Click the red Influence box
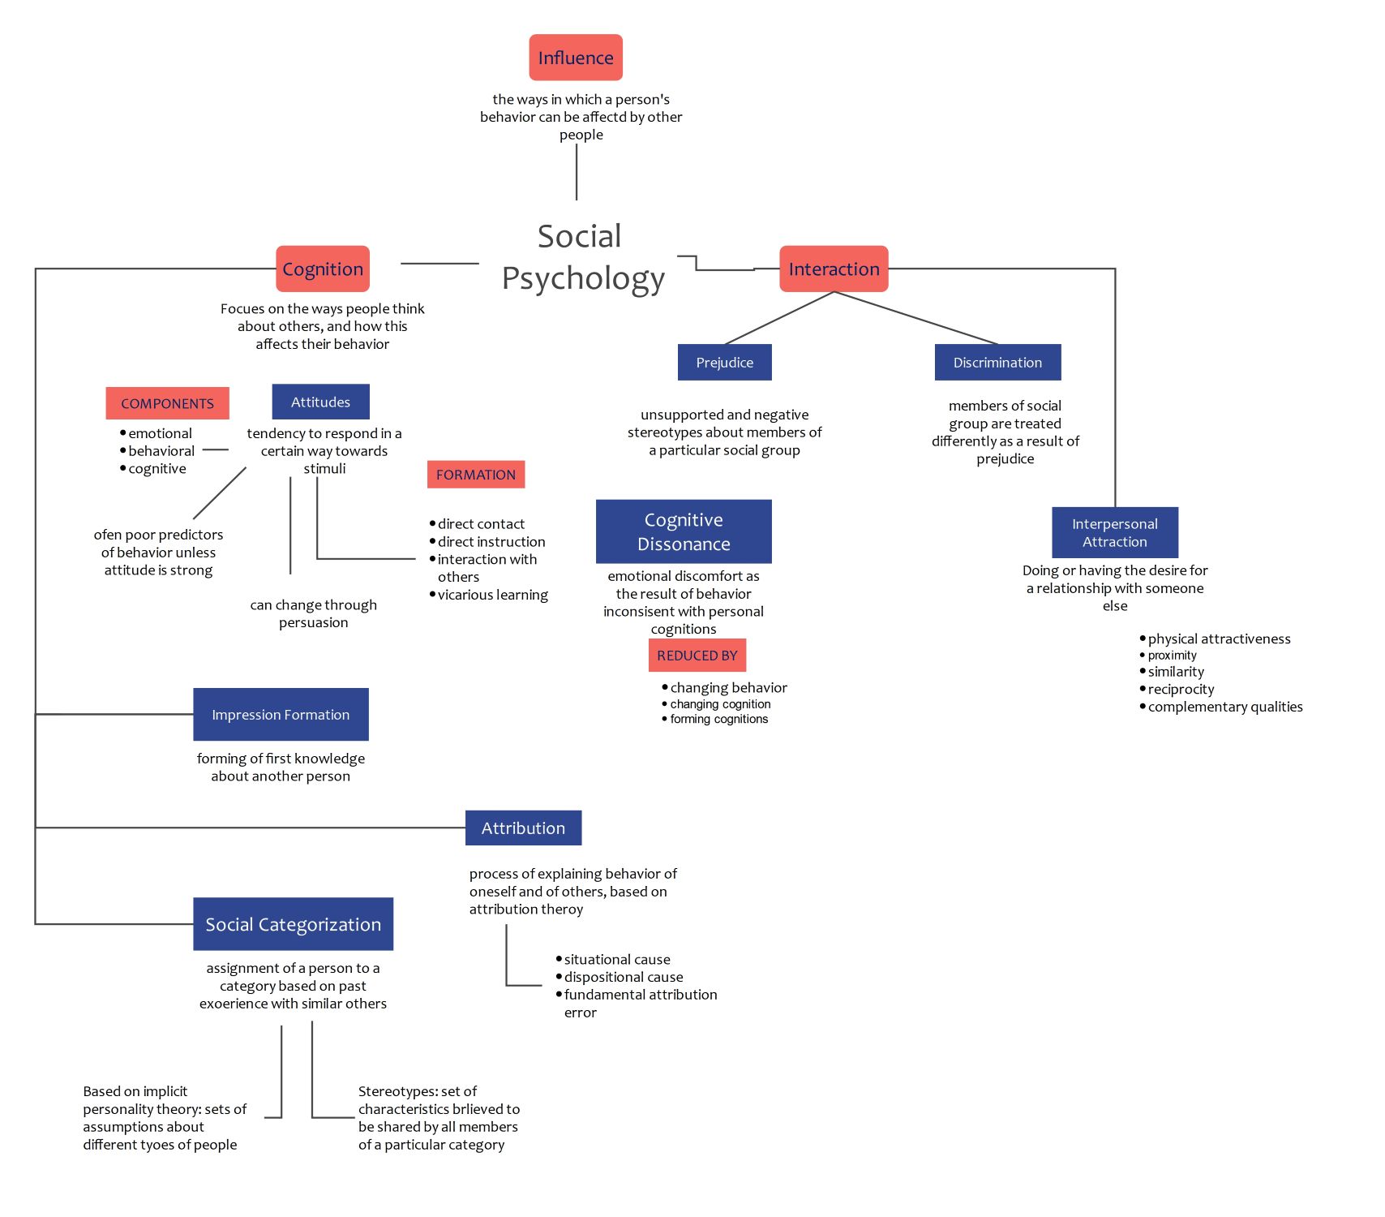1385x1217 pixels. pyautogui.click(x=576, y=58)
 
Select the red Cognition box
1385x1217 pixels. pyautogui.click(x=323, y=269)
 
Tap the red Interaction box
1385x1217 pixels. pyautogui.click(x=834, y=269)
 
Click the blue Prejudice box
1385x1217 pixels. pyautogui.click(x=724, y=363)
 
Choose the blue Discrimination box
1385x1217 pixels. pyautogui.click(x=997, y=363)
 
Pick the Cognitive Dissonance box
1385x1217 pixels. pyautogui.click(x=684, y=531)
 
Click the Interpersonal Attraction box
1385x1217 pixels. pyautogui.click(x=1114, y=533)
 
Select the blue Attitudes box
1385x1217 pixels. pyautogui.click(x=320, y=402)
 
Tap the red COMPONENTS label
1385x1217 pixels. pyautogui.click(x=167, y=403)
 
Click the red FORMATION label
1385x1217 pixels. pyautogui.click(x=476, y=475)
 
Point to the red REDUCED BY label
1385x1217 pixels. pyautogui.click(x=697, y=656)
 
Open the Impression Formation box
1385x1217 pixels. pyautogui.click(x=281, y=715)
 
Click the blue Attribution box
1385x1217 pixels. pyautogui.click(x=523, y=828)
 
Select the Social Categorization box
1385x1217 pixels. pyautogui.click(x=293, y=924)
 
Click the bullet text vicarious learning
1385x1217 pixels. pyautogui.click(x=492, y=596)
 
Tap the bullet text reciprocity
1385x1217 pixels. pyautogui.click(x=1181, y=690)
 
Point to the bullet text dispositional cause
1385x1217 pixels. pyautogui.click(x=624, y=978)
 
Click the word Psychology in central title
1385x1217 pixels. pyautogui.click(x=583, y=278)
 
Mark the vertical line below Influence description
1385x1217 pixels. pyautogui.click(x=577, y=172)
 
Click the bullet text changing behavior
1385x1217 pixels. pyautogui.click(x=728, y=688)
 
